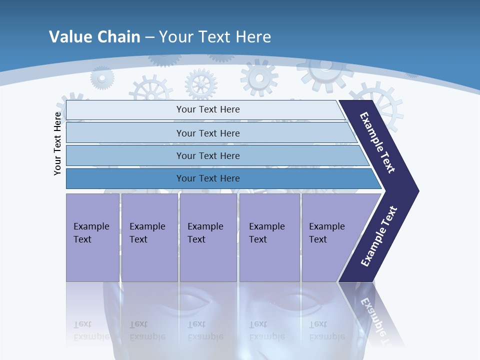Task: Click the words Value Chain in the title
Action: (x=94, y=37)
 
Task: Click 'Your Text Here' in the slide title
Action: (x=215, y=37)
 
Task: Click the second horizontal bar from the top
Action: (x=207, y=133)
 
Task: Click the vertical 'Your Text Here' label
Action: (x=58, y=143)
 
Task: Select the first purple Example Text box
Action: (x=92, y=237)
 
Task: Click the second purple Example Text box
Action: (x=149, y=237)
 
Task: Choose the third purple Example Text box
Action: (x=208, y=237)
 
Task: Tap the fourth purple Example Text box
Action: (x=269, y=237)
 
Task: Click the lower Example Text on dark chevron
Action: (x=378, y=236)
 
